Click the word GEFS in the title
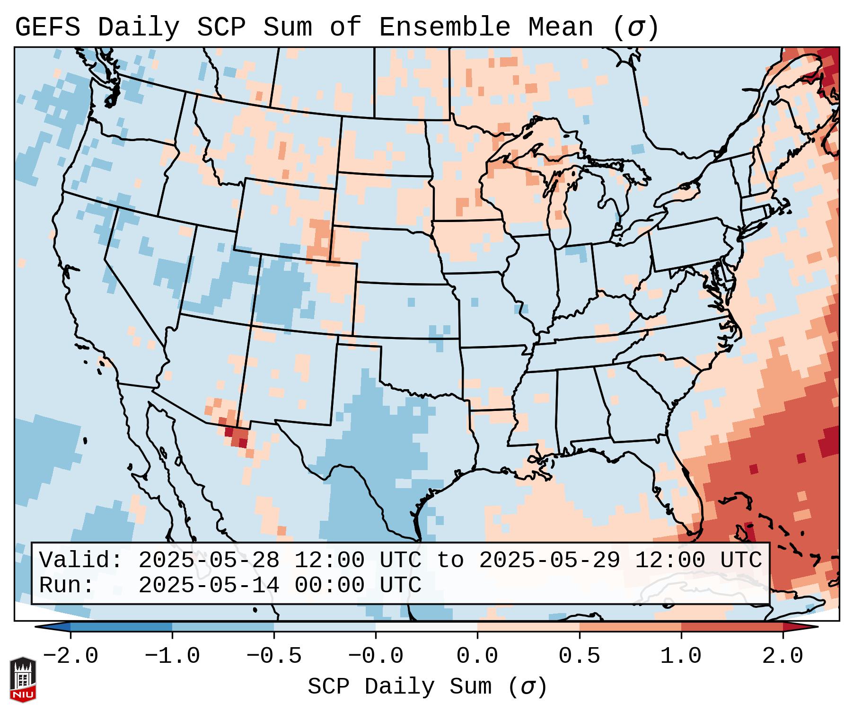47,27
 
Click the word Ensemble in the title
445,27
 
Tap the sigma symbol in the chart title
635,27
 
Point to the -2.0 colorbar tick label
70,656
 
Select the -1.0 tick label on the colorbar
172,656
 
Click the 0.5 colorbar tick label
580,656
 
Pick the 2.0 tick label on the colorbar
783,656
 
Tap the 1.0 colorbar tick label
681,656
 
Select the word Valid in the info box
80,560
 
